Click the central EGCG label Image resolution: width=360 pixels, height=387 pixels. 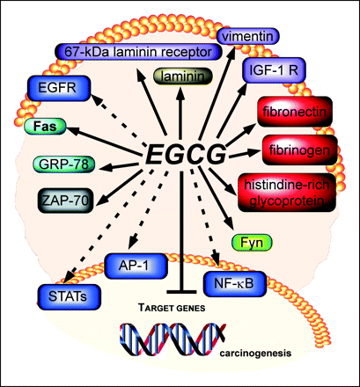(187, 154)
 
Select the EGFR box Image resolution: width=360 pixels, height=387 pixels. (58, 88)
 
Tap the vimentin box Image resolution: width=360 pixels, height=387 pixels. (248, 37)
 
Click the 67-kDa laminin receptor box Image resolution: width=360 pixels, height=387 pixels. (138, 52)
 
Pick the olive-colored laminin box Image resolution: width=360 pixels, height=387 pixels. (182, 77)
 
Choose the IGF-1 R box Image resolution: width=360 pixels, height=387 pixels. (274, 70)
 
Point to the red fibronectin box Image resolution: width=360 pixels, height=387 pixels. (295, 112)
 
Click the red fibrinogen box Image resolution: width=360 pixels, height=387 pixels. (299, 150)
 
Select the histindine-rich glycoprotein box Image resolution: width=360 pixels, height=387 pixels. (287, 193)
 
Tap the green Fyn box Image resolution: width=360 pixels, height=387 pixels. (252, 243)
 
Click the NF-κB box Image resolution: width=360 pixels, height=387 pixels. (234, 284)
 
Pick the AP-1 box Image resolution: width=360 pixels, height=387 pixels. (136, 266)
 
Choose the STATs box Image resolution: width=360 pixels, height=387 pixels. (69, 296)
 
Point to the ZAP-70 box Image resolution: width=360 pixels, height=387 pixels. (65, 201)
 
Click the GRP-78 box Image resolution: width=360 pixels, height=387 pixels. (64, 164)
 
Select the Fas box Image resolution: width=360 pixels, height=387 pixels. (45, 127)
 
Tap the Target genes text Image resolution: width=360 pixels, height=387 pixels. (172, 308)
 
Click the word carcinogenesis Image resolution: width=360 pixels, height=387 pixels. (256, 353)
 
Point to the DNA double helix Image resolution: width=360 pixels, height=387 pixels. (173, 340)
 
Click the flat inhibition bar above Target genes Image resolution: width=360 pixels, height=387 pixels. (181, 292)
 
